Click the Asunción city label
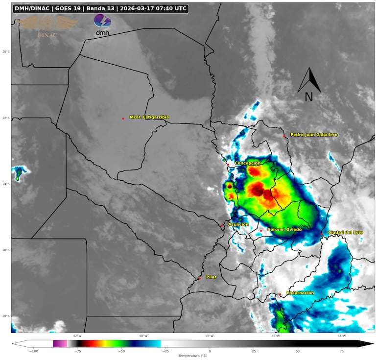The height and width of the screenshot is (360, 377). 238,224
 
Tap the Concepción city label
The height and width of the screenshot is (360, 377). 247,163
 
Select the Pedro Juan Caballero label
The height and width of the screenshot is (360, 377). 314,134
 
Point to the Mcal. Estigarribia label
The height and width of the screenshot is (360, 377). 149,117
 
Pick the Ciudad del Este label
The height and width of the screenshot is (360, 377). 345,232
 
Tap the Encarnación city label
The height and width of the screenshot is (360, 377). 300,292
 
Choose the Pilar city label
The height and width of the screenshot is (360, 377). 211,277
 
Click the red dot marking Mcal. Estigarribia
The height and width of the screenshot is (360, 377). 123,119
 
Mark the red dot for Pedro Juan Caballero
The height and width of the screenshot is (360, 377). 284,136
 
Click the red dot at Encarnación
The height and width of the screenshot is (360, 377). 280,294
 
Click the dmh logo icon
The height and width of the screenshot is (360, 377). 102,24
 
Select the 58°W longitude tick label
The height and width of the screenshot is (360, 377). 209,336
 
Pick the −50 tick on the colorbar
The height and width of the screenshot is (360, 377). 121,351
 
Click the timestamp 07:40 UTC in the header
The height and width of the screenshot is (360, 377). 166,8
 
